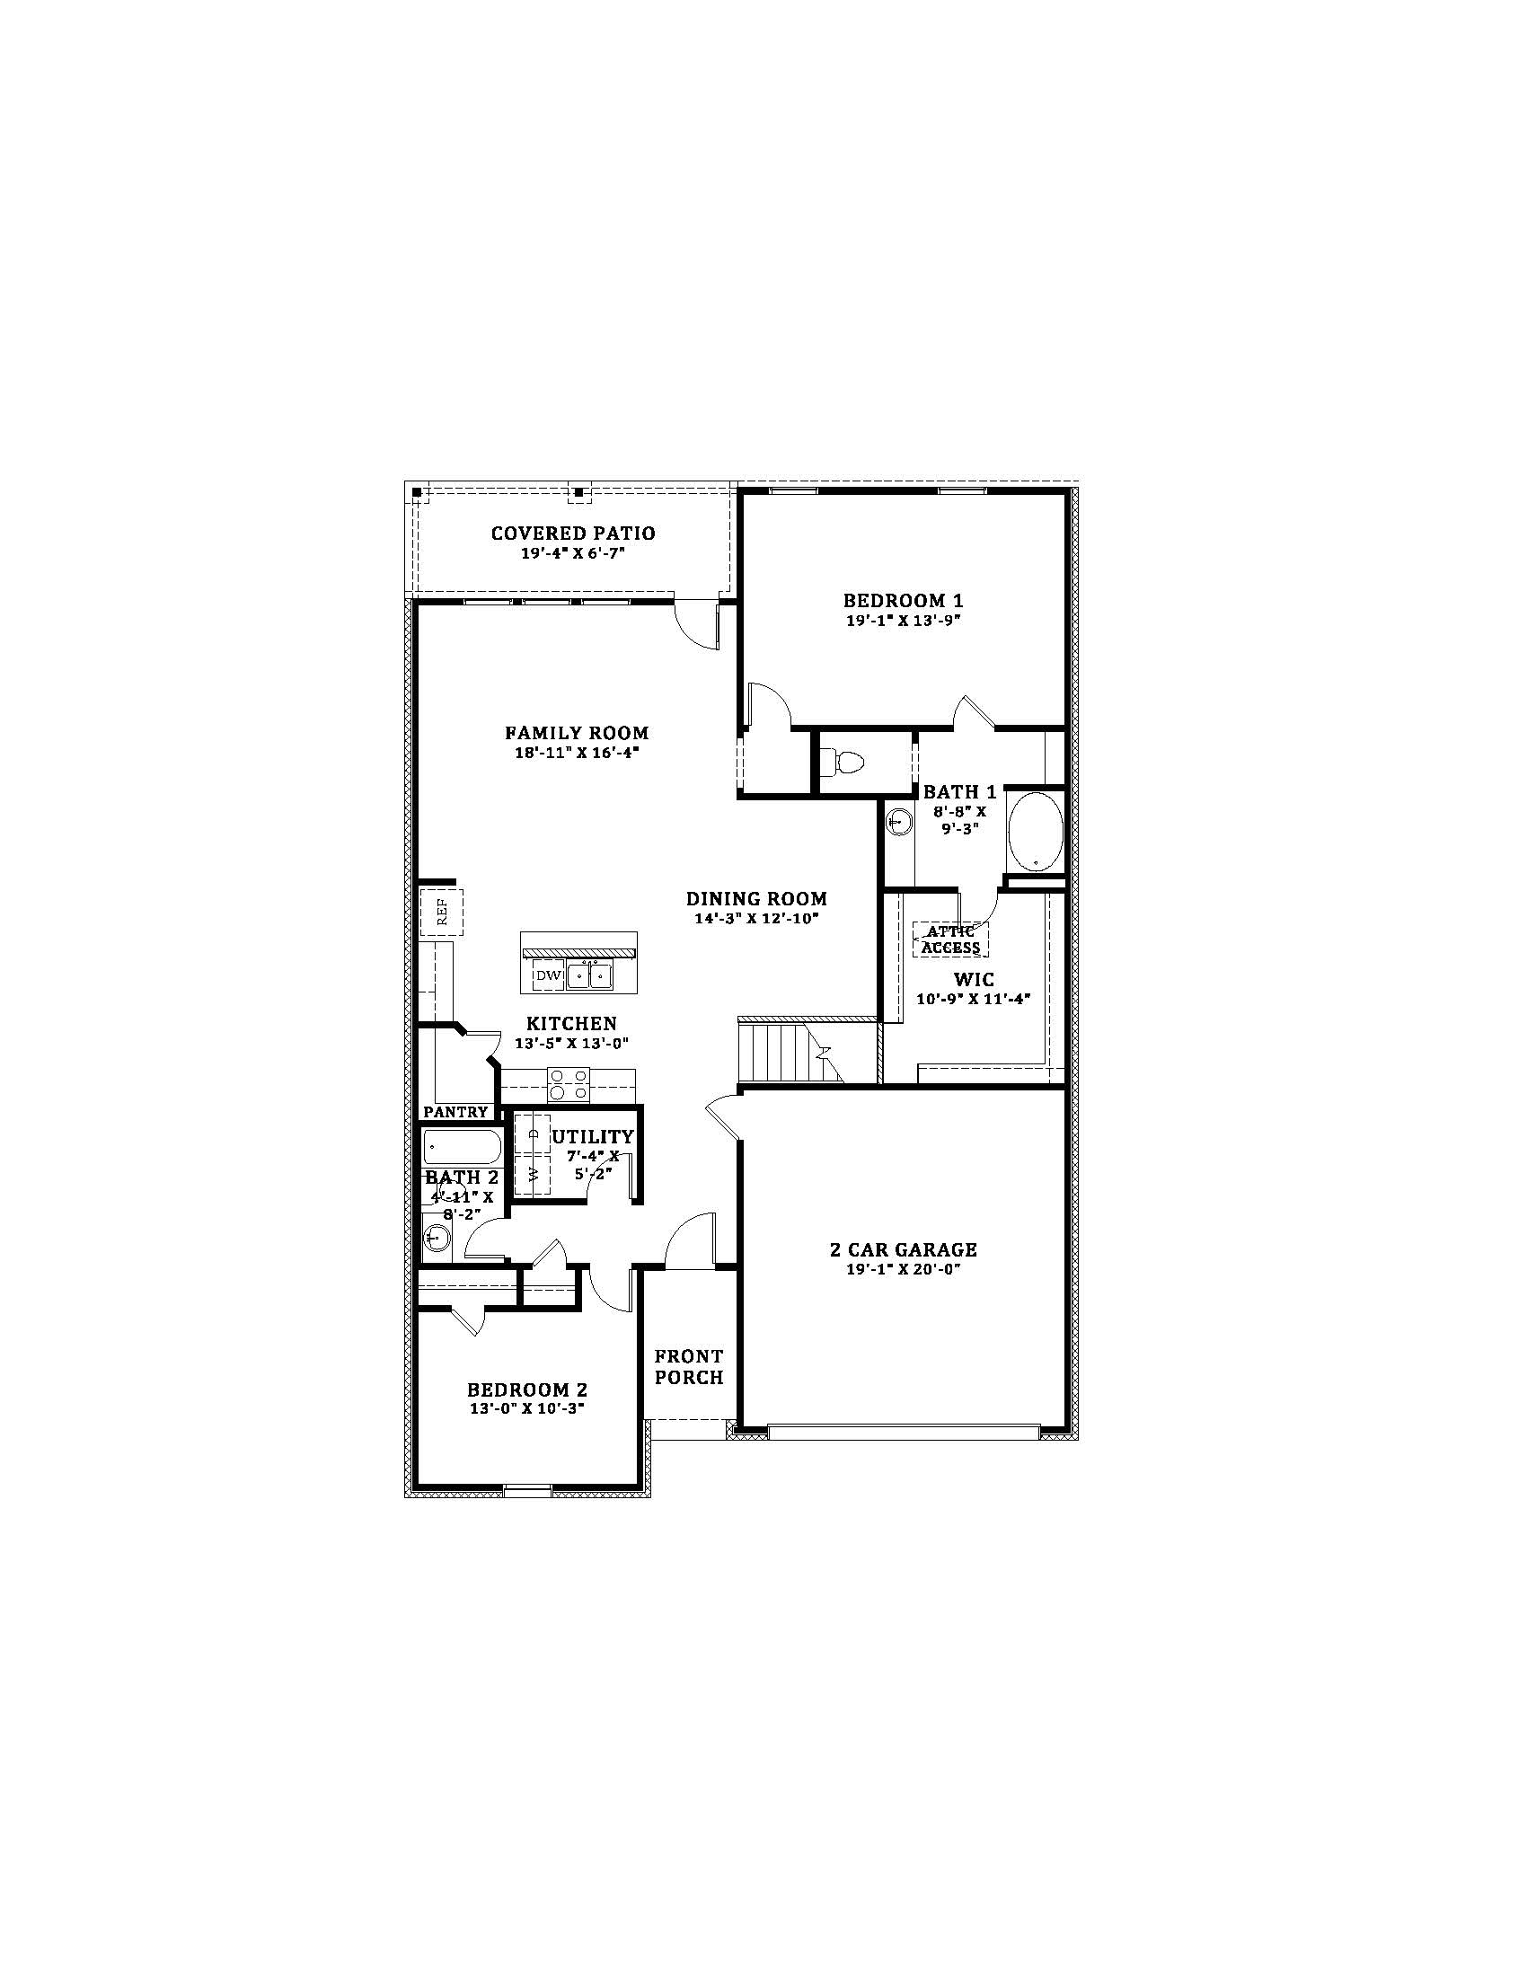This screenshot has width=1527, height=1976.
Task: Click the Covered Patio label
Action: pos(573,534)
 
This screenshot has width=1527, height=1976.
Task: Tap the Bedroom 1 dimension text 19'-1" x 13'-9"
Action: pos(902,621)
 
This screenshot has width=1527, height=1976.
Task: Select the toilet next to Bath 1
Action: pos(847,763)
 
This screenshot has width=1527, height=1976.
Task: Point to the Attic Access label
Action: pos(949,940)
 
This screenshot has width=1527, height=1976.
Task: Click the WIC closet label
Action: pos(974,980)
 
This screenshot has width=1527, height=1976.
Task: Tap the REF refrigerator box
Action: pos(441,911)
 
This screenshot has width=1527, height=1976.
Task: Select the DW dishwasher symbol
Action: pos(548,975)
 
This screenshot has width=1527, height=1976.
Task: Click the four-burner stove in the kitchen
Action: pos(568,1084)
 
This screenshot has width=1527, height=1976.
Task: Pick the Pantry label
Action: pos(455,1112)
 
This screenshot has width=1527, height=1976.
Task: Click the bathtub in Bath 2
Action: pos(462,1146)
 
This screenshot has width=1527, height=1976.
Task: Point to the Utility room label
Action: pos(593,1136)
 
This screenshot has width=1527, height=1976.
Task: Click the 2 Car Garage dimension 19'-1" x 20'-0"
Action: pos(903,1269)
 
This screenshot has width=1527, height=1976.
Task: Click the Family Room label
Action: pos(577,733)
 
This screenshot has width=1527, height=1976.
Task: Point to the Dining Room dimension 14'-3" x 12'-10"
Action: pos(756,918)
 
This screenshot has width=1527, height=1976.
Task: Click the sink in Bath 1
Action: pos(899,823)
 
